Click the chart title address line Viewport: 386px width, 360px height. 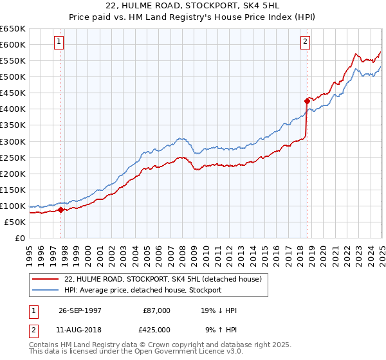pyautogui.click(x=193, y=5)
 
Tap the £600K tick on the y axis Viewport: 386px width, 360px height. pyautogui.click(x=13, y=44)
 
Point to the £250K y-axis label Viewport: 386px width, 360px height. pyautogui.click(x=13, y=157)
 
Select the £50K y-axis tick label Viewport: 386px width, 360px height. pyautogui.click(x=15, y=222)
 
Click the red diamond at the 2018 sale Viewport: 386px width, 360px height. pyautogui.click(x=307, y=100)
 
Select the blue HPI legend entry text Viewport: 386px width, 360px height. pyautogui.click(x=143, y=290)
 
